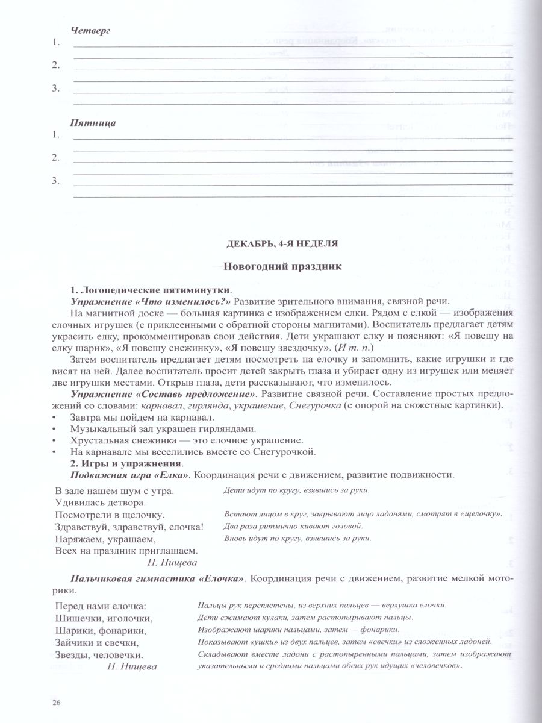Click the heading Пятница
(x=93, y=122)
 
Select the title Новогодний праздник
(x=282, y=266)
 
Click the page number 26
(x=57, y=702)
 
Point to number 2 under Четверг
(x=55, y=64)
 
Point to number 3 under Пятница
(x=55, y=180)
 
